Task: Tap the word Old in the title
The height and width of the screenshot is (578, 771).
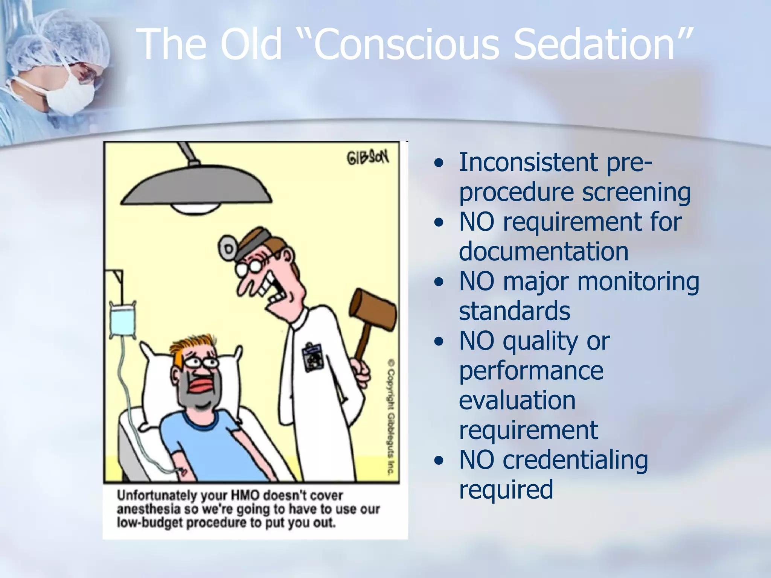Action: tap(251, 44)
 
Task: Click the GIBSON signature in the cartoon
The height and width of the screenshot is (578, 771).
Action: tap(367, 158)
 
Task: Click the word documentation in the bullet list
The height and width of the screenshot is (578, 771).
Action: tap(544, 251)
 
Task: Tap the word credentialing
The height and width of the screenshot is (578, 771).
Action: tap(575, 460)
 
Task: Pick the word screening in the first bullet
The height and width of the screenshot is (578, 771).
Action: tap(636, 192)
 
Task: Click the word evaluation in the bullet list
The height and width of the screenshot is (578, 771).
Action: tap(517, 400)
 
